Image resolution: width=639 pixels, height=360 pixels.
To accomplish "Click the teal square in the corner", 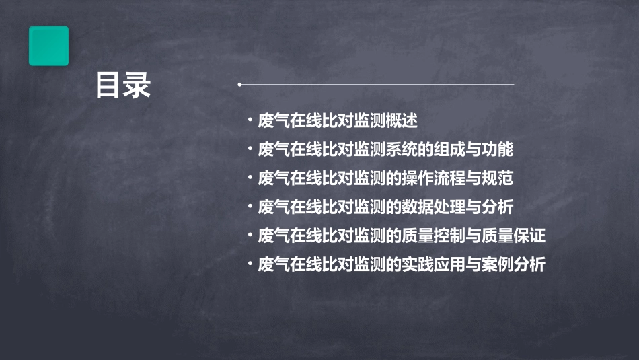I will click(x=48, y=46).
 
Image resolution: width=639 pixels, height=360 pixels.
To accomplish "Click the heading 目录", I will click(x=123, y=86).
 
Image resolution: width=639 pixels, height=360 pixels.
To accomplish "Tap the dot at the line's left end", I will click(x=239, y=85).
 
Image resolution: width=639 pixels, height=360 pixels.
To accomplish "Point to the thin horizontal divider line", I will click(x=377, y=85).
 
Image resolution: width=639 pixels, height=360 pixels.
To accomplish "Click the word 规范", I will click(x=498, y=178).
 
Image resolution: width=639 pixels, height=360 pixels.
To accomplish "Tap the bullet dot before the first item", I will click(x=250, y=121).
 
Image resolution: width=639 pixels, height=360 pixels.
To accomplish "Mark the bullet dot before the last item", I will click(x=250, y=265).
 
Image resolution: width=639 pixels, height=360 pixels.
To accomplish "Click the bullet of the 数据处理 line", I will click(x=250, y=207).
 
